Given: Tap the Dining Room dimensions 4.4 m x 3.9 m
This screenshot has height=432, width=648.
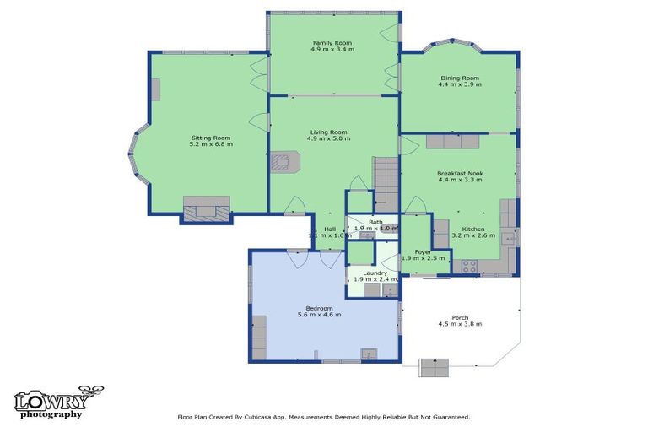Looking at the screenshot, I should tap(460, 84).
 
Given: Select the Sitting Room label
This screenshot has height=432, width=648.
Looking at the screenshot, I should tap(210, 137).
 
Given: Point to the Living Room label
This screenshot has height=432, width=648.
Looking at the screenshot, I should tap(328, 132).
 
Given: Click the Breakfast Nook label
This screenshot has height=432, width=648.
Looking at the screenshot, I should tap(460, 172).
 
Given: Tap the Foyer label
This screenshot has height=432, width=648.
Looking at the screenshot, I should tap(423, 251).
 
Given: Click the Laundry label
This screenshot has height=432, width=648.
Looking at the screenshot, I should tap(375, 273).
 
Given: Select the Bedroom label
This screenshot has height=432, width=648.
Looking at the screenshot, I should tap(319, 308).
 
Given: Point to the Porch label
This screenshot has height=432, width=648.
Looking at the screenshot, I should tap(460, 317).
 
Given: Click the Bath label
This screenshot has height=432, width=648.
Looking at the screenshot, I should tap(375, 222).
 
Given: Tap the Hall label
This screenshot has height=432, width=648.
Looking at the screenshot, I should tap(330, 229).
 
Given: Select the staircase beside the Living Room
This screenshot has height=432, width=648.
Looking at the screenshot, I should tap(386, 181).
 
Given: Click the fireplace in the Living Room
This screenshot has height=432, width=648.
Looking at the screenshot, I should tap(283, 161).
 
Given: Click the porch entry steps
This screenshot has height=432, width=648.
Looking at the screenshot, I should tap(434, 369).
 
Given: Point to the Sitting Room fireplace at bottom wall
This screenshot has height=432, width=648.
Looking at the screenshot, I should tap(207, 208).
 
